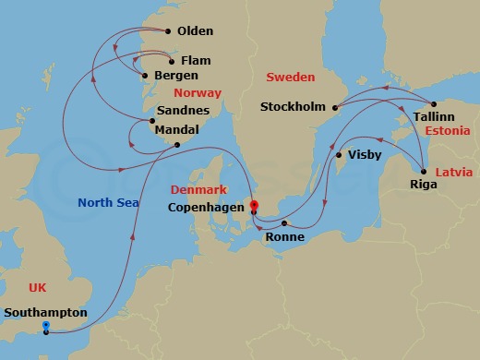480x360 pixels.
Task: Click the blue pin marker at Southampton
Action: [46, 327]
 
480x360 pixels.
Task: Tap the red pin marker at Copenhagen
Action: [254, 207]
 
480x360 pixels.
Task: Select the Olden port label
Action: [197, 30]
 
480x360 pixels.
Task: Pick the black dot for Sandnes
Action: [152, 121]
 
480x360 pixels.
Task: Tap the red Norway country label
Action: [198, 93]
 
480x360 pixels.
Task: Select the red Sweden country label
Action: [289, 77]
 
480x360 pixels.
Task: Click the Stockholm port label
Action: [293, 107]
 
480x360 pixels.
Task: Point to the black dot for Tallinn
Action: [434, 102]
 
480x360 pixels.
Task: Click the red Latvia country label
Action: [455, 173]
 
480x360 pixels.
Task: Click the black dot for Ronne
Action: [284, 223]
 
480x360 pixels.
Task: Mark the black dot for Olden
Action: [169, 31]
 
